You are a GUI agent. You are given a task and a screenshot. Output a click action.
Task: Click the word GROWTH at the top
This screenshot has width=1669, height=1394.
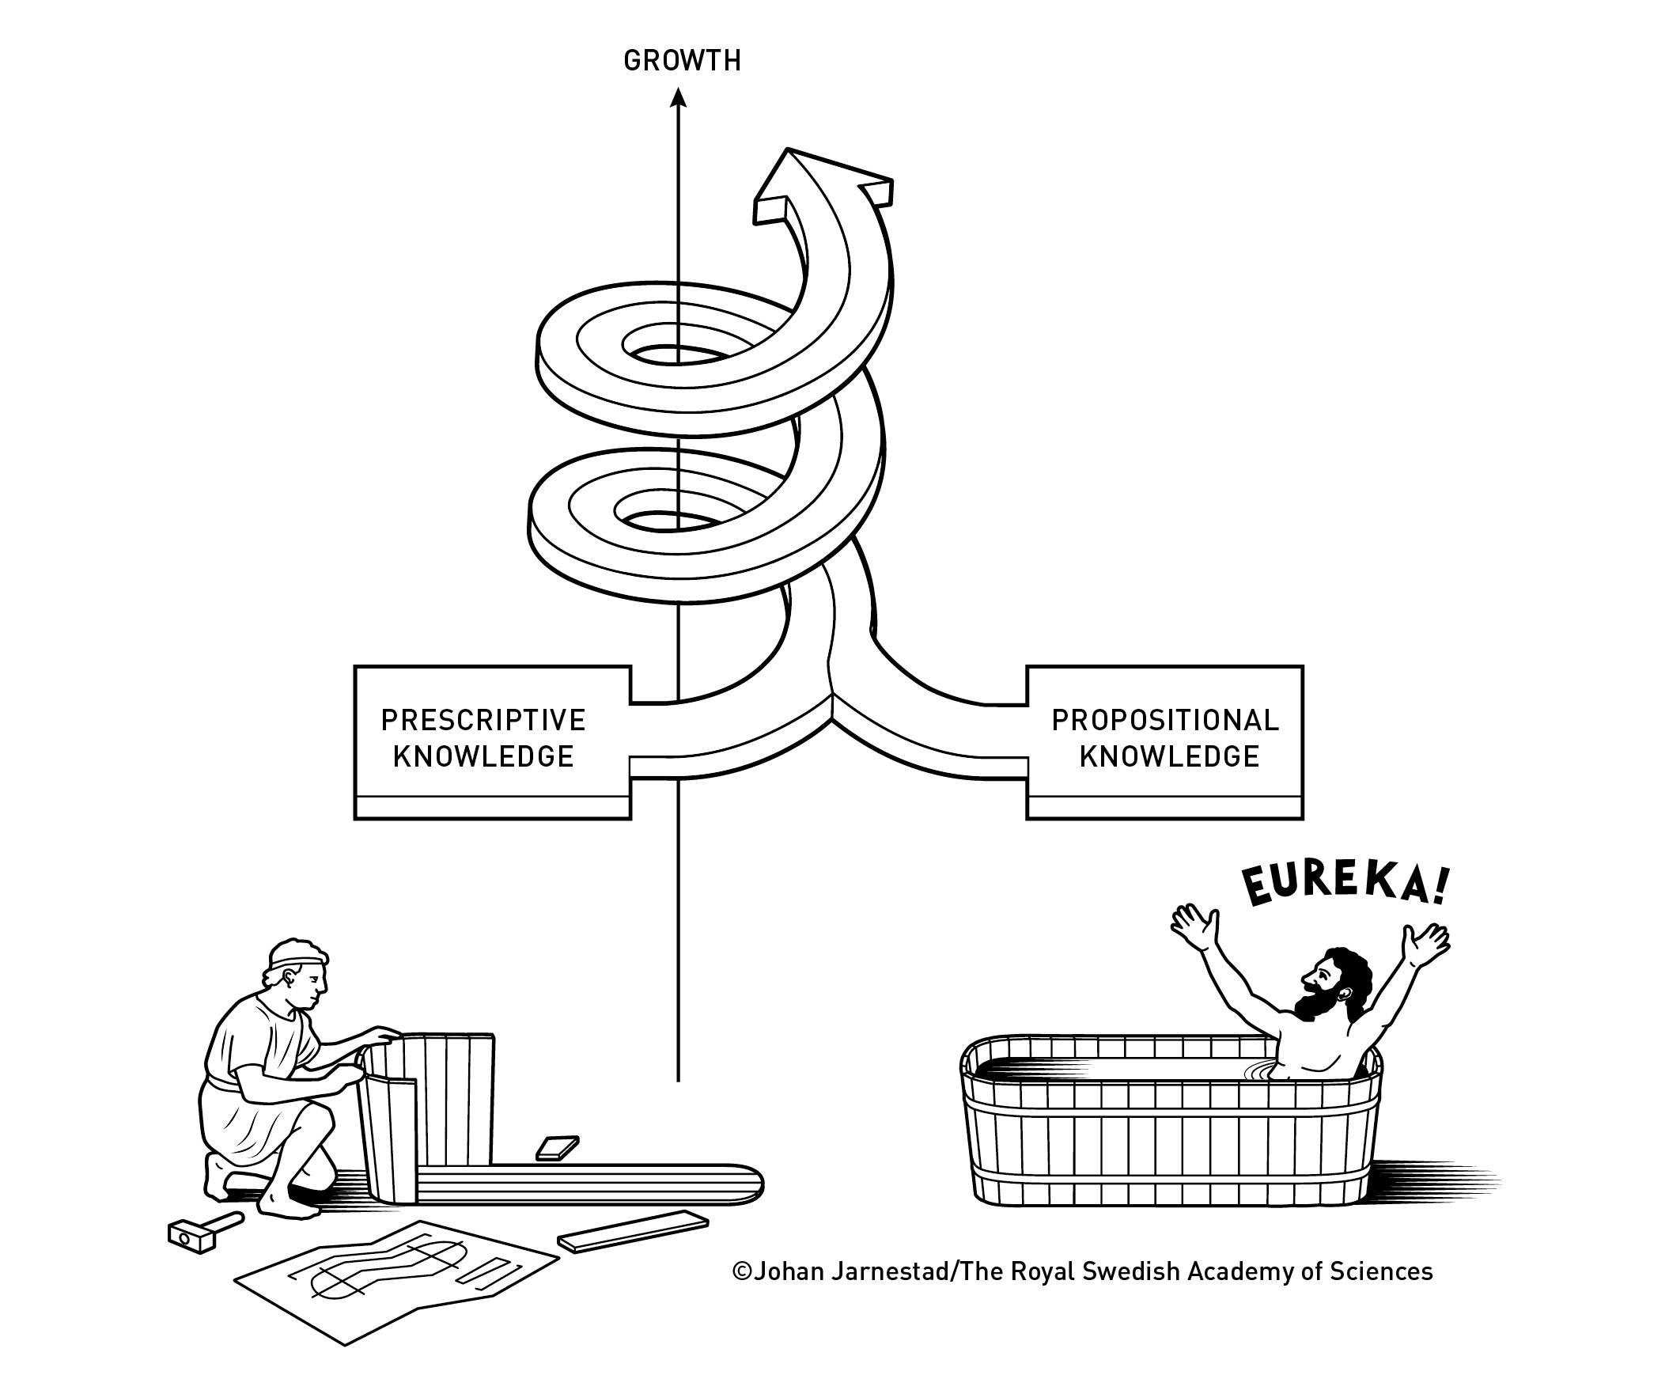tap(682, 61)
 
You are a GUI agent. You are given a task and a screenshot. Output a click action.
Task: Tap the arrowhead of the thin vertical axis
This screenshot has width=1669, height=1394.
tap(678, 99)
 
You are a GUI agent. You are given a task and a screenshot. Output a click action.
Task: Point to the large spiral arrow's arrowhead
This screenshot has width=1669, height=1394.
tap(823, 183)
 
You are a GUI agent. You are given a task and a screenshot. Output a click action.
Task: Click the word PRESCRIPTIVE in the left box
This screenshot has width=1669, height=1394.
tap(483, 720)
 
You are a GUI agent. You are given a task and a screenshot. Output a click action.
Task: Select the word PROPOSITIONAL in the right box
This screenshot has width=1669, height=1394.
tap(1165, 720)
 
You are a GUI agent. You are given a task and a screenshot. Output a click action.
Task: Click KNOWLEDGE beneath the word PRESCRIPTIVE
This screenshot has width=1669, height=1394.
tap(483, 756)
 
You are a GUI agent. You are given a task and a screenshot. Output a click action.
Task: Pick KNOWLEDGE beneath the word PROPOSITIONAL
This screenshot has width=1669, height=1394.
tap(1169, 756)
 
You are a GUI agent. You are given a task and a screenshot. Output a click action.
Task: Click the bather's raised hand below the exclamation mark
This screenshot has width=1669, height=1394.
tap(1426, 942)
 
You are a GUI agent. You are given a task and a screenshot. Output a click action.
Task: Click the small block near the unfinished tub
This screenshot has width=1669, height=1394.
tap(557, 1148)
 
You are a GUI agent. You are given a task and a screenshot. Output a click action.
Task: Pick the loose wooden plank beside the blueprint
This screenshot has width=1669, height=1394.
tap(633, 1231)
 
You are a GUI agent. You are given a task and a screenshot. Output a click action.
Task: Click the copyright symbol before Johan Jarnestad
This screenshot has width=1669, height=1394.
tap(741, 1271)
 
